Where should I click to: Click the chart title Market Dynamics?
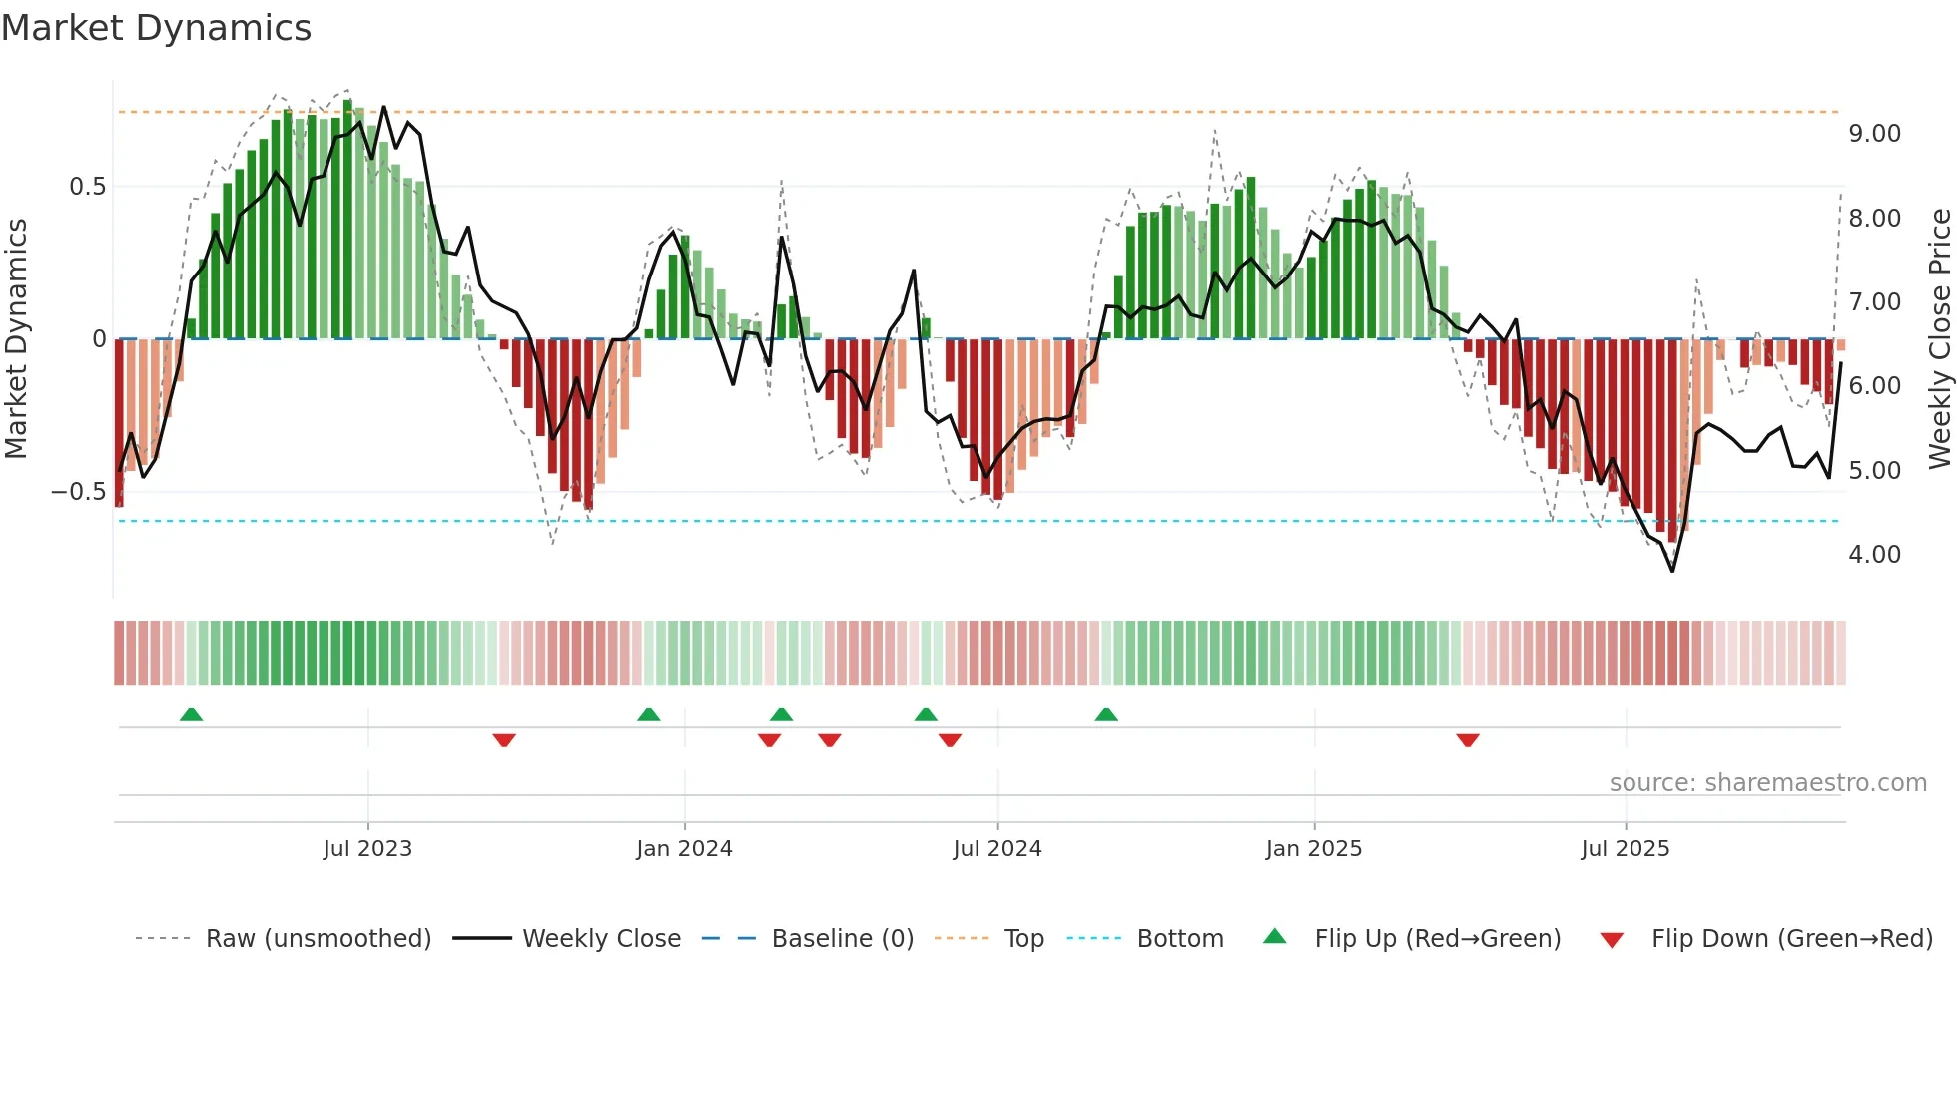tap(156, 28)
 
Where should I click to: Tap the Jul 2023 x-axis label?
tap(367, 849)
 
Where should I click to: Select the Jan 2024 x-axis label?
tap(684, 849)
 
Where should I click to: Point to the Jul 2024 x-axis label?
tap(997, 849)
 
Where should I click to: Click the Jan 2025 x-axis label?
tap(1313, 849)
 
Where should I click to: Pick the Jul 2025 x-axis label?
tap(1625, 849)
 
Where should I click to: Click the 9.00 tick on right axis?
tap(1874, 134)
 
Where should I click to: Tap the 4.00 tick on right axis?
tap(1874, 555)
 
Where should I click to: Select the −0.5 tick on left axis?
tap(78, 492)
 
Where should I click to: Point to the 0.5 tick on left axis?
tap(87, 187)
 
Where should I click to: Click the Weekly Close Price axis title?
tap(1939, 339)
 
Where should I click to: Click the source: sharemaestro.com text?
tap(1767, 783)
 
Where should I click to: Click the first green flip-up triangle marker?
tap(191, 714)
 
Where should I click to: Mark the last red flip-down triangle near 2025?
tap(1467, 740)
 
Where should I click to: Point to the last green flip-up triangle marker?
tap(1106, 714)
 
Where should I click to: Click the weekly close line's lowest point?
tap(1672, 571)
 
